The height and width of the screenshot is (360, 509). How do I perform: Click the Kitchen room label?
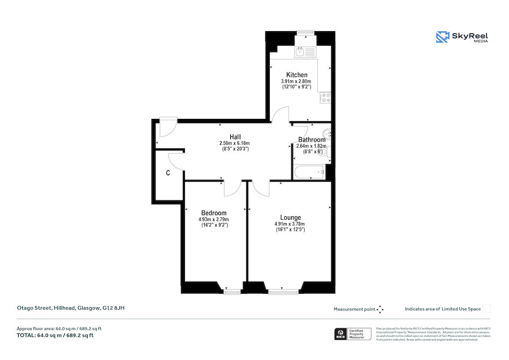[x=296, y=75]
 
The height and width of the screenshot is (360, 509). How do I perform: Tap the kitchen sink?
[x=306, y=53]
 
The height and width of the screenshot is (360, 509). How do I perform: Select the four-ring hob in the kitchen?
[x=326, y=100]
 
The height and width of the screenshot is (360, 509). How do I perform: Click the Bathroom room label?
[x=312, y=140]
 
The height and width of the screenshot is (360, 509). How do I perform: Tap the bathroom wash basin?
[x=328, y=135]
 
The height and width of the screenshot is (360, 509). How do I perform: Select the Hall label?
[x=235, y=136]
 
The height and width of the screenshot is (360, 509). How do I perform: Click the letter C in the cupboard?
[x=168, y=173]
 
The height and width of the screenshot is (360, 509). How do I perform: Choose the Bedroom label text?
[x=213, y=213]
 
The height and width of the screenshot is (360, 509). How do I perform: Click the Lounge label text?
[x=290, y=217]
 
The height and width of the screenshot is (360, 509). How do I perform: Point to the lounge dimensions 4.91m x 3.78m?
[x=290, y=224]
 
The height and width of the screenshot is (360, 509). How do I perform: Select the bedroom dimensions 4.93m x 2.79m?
[x=213, y=219]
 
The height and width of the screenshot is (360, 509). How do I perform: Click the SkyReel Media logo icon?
[x=442, y=37]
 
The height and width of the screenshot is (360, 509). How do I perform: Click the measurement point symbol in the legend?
[x=380, y=309]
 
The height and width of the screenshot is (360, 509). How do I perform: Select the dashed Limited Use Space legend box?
[x=486, y=308]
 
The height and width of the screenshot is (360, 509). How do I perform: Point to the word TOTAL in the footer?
[x=25, y=336]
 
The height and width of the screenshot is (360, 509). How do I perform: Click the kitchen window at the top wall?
[x=306, y=32]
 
